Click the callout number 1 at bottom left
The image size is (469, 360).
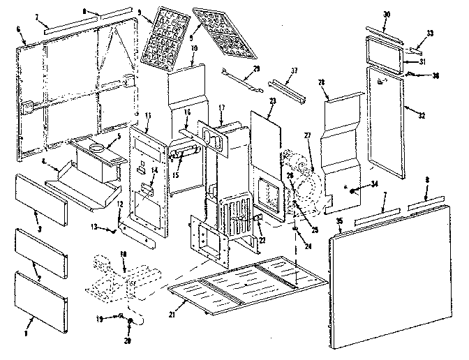tap(29, 324)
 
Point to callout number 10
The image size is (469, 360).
tap(193, 47)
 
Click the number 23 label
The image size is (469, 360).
tap(271, 100)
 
